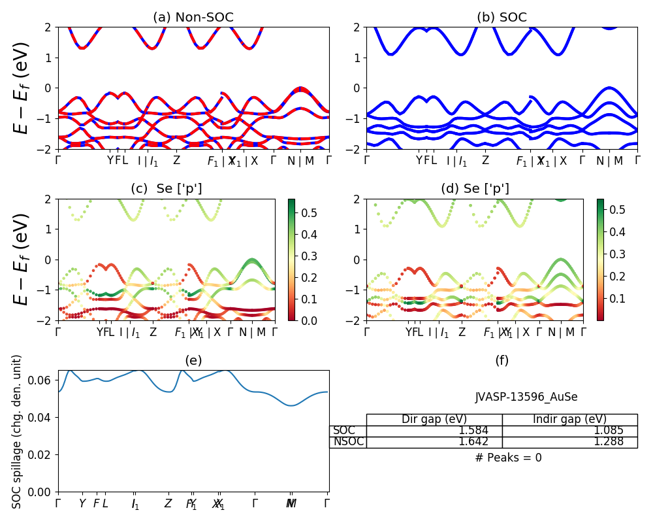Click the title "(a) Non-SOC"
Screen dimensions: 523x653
pos(193,18)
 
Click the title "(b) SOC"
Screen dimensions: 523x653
pos(502,18)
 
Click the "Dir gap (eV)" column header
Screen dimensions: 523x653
pos(434,420)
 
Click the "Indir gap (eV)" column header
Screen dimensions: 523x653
pos(569,420)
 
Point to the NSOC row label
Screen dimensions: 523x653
pos(347,442)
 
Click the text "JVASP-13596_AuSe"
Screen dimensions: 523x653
pos(526,397)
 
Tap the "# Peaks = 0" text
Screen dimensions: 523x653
pos(508,458)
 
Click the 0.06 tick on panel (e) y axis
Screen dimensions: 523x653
pos(44,380)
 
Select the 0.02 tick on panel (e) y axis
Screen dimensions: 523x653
pos(44,454)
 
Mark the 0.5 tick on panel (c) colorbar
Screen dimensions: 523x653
pos(311,213)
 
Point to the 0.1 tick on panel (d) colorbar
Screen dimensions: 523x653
pos(619,298)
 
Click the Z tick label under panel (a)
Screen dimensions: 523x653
pos(176,161)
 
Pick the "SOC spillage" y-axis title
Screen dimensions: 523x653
pos(18,431)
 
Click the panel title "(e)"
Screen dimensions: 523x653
pos(193,360)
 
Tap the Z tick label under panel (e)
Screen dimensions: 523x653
pos(168,504)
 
